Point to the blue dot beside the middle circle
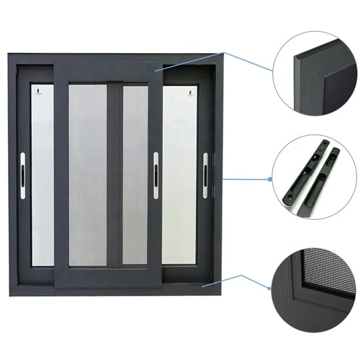(270, 179)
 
